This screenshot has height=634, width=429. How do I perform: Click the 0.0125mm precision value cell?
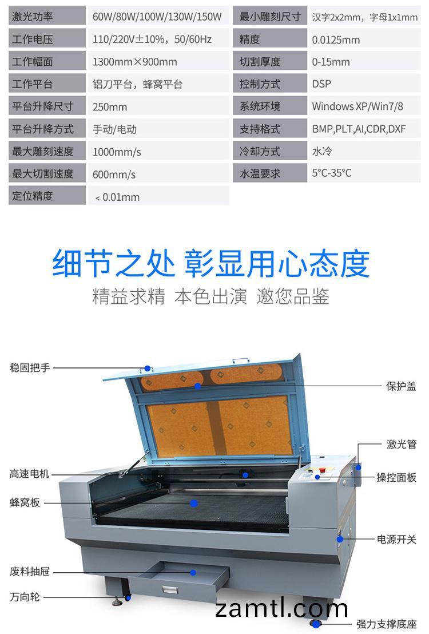tap(336, 39)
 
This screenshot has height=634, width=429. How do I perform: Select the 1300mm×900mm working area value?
tap(135, 62)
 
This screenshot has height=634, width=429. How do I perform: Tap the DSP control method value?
tap(321, 84)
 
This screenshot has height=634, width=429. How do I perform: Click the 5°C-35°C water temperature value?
tap(332, 173)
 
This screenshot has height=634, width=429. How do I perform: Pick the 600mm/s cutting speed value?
tap(114, 174)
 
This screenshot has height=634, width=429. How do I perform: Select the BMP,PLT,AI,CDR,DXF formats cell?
tap(359, 129)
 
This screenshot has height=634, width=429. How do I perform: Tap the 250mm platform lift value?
tap(110, 106)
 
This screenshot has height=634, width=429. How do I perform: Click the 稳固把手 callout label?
tap(30, 367)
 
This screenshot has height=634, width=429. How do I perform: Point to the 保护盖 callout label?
tap(401, 386)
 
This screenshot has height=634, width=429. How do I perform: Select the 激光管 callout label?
tap(401, 445)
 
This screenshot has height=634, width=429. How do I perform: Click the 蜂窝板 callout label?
tap(25, 503)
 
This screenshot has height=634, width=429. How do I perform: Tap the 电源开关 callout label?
tap(396, 539)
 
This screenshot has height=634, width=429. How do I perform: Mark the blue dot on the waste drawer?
tap(193, 572)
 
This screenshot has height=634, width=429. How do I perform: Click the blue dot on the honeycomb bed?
tap(193, 503)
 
